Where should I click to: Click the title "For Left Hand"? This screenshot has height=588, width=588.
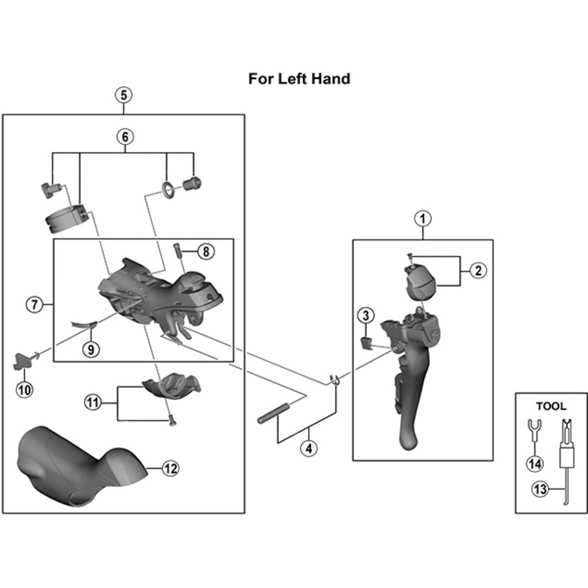[299, 79]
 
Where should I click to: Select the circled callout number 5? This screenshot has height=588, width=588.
[124, 95]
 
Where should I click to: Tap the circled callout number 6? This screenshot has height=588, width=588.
[125, 137]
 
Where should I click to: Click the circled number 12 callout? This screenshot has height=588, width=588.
[170, 468]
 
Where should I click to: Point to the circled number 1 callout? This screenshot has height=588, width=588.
[423, 218]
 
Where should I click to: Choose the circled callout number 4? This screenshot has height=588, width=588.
[308, 448]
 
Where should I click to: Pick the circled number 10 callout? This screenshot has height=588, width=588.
[24, 390]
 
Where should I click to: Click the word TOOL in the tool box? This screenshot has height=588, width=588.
[551, 406]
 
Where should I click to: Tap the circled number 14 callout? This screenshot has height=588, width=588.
[535, 464]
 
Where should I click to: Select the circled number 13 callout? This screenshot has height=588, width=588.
[540, 489]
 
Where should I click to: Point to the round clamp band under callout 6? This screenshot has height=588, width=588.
[67, 220]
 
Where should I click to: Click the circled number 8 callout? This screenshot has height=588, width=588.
[206, 252]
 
